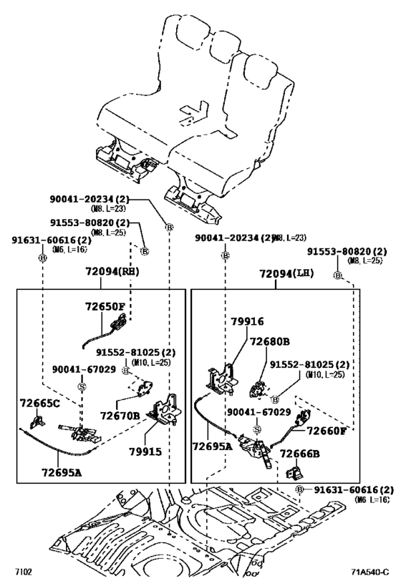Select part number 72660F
pyautogui.click(x=327, y=430)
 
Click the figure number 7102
pyautogui.click(x=24, y=572)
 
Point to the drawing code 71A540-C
pyautogui.click(x=369, y=572)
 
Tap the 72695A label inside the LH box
pyautogui.click(x=212, y=446)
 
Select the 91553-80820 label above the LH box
pyautogui.click(x=347, y=252)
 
